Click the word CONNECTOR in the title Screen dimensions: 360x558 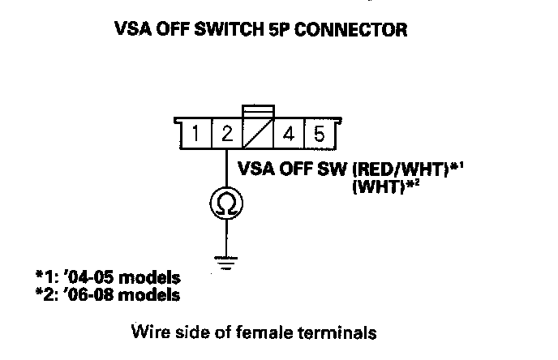click(362, 31)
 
